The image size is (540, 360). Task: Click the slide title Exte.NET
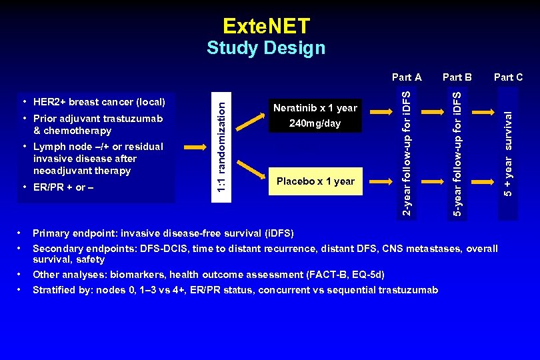tap(266, 26)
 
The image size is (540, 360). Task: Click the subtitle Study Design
tap(266, 48)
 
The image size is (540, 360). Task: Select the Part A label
tap(407, 77)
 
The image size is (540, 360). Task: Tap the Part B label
tap(457, 77)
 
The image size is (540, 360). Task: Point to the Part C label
tap(508, 77)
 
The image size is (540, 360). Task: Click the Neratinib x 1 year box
tap(315, 115)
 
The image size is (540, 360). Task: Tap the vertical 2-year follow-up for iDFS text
tap(408, 152)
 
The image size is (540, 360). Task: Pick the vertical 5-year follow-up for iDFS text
tap(457, 152)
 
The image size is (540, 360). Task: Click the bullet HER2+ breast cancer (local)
tap(99, 102)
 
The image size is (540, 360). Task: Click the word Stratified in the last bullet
tap(54, 290)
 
